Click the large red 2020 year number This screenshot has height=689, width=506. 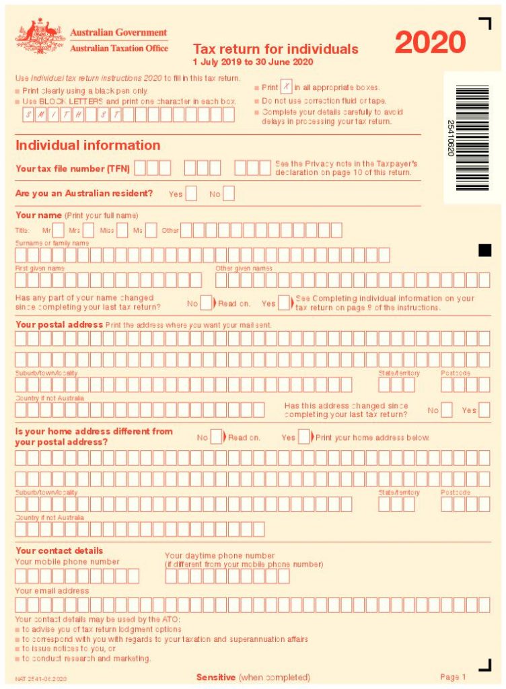coord(430,42)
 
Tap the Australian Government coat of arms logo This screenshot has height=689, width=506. coord(40,37)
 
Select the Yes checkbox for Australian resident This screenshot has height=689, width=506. coord(191,194)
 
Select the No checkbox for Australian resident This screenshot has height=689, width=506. coord(229,194)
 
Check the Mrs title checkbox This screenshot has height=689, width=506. coord(88,230)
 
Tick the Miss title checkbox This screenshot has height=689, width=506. coord(122,230)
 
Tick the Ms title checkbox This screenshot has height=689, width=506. coord(151,230)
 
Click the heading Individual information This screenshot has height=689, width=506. coord(87,145)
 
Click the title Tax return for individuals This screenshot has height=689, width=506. coord(275,49)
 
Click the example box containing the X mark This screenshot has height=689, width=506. coord(287,87)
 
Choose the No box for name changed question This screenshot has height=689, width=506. coord(207,303)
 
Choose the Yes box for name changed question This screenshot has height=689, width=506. coord(285,303)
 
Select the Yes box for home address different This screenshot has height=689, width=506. coord(304,437)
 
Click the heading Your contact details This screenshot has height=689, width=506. coord(59,550)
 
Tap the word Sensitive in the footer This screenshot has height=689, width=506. coord(216,677)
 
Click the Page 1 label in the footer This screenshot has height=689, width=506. coord(453,677)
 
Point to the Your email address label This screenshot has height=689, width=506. coord(52,591)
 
